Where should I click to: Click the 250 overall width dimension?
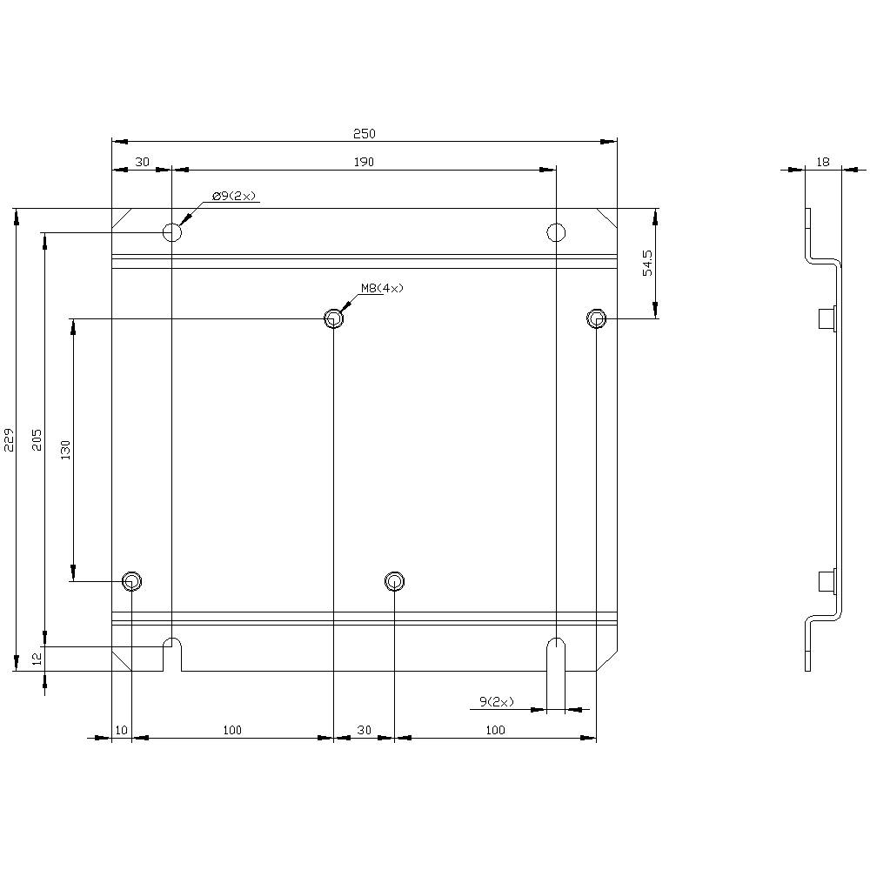tap(364, 133)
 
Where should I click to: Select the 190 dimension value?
tap(364, 161)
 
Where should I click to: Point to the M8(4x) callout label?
tap(383, 288)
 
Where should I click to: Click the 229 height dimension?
tap(10, 439)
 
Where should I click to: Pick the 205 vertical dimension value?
tap(37, 439)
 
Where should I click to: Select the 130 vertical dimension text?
tap(66, 450)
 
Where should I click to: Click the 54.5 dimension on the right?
tap(647, 263)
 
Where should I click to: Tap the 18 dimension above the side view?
tap(823, 161)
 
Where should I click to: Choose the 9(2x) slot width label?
tap(496, 701)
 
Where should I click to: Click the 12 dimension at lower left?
tap(37, 659)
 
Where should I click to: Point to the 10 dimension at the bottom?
tap(121, 730)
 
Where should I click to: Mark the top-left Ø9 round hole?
tap(172, 231)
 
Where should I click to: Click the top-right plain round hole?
tap(556, 231)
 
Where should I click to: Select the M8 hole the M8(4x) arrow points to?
tap(333, 319)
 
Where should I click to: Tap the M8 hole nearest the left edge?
tap(131, 580)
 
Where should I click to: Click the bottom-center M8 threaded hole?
tap(394, 580)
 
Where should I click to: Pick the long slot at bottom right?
tap(556, 661)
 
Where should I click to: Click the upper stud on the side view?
tap(827, 319)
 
